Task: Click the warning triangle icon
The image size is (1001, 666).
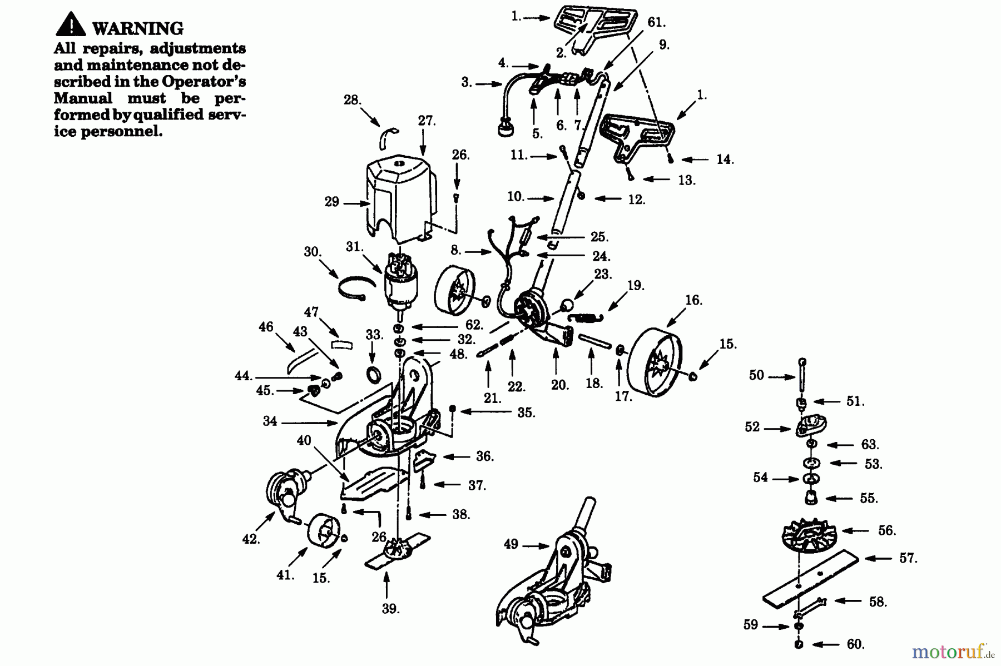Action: [71, 24]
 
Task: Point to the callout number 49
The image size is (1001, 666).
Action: [511, 544]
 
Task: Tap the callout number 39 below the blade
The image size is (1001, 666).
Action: [390, 609]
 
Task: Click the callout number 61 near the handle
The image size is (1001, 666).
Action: [656, 23]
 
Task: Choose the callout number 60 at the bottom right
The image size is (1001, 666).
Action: [855, 644]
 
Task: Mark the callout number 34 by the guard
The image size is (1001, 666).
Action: [270, 421]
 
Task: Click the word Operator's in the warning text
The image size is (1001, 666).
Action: [204, 81]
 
